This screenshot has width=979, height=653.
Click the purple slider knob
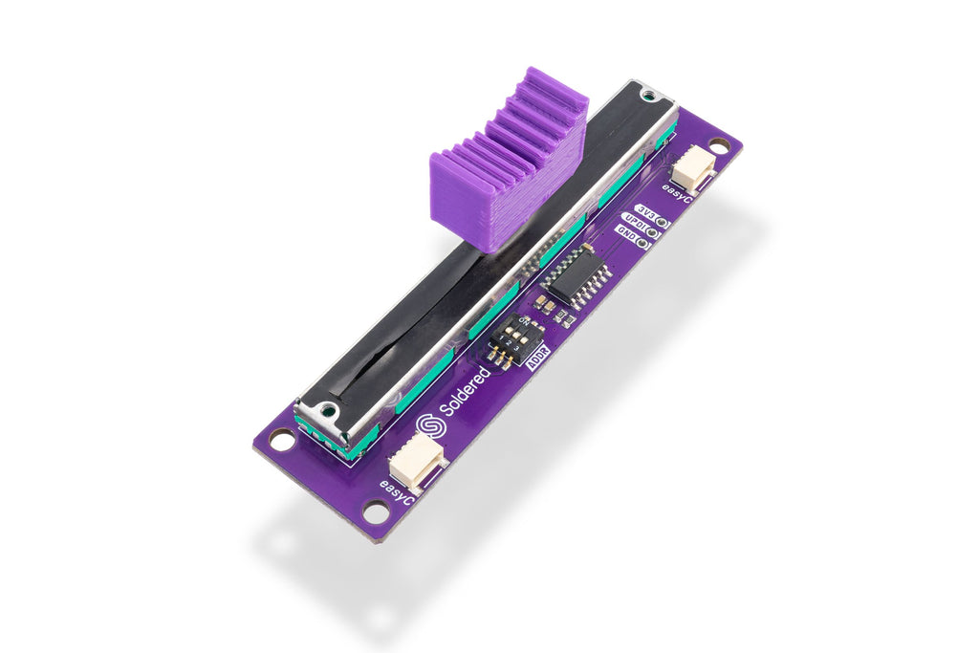pyautogui.click(x=507, y=163)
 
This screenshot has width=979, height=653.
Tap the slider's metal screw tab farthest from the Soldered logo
pyautogui.click(x=649, y=95)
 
